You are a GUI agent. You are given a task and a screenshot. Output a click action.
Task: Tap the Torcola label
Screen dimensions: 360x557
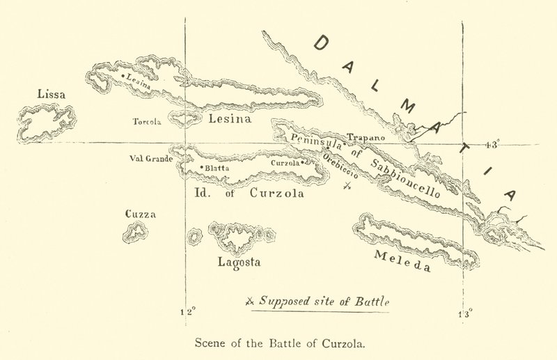coord(147,121)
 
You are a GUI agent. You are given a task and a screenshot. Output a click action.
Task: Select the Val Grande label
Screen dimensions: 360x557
coord(150,158)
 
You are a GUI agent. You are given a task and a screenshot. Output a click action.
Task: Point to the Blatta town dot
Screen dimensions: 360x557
coord(201,167)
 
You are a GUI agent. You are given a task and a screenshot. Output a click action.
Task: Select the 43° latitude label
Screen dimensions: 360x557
coord(492,145)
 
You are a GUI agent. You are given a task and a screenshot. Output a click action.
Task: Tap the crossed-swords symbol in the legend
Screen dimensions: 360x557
coord(251,302)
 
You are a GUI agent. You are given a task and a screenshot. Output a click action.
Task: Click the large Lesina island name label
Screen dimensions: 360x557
coord(229,119)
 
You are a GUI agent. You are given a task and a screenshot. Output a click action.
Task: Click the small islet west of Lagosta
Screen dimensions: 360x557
coord(194,236)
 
